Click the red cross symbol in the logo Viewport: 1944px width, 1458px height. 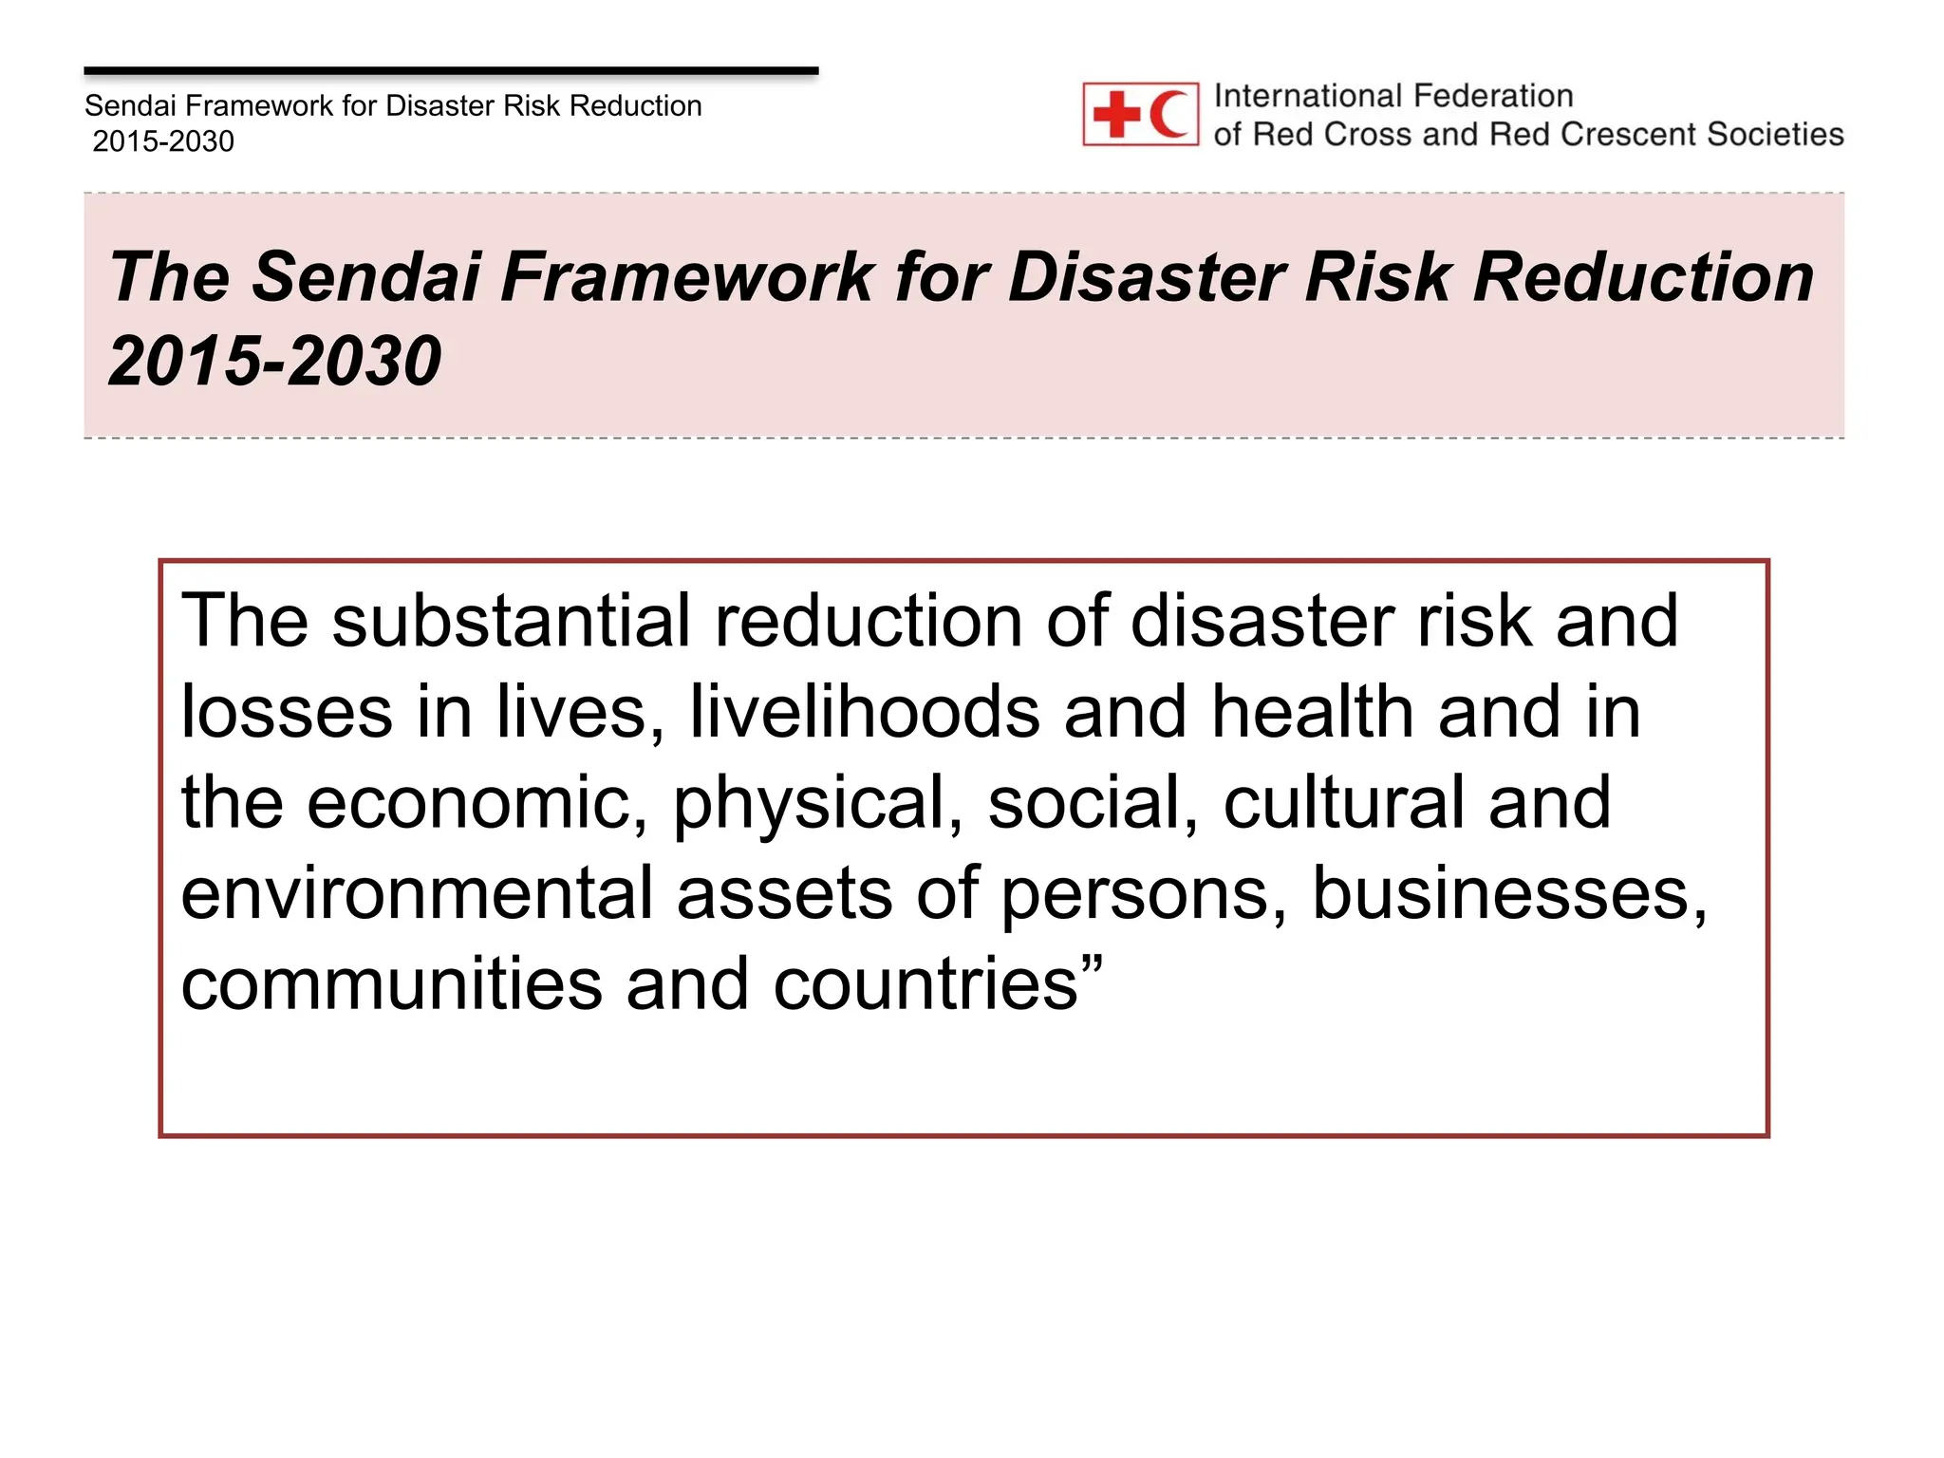click(x=1116, y=114)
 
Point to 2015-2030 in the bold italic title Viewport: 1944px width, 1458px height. click(x=274, y=361)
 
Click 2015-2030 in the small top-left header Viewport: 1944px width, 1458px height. click(x=163, y=141)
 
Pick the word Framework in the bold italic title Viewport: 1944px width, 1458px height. click(x=686, y=277)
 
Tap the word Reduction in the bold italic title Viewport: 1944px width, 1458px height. click(x=1643, y=277)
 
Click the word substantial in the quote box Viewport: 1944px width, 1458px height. click(x=511, y=621)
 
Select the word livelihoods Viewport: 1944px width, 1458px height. click(x=864, y=712)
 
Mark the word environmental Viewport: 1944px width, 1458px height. click(x=417, y=894)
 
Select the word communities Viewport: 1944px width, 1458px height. click(x=391, y=984)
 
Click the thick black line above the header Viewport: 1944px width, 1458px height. click(x=451, y=71)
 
